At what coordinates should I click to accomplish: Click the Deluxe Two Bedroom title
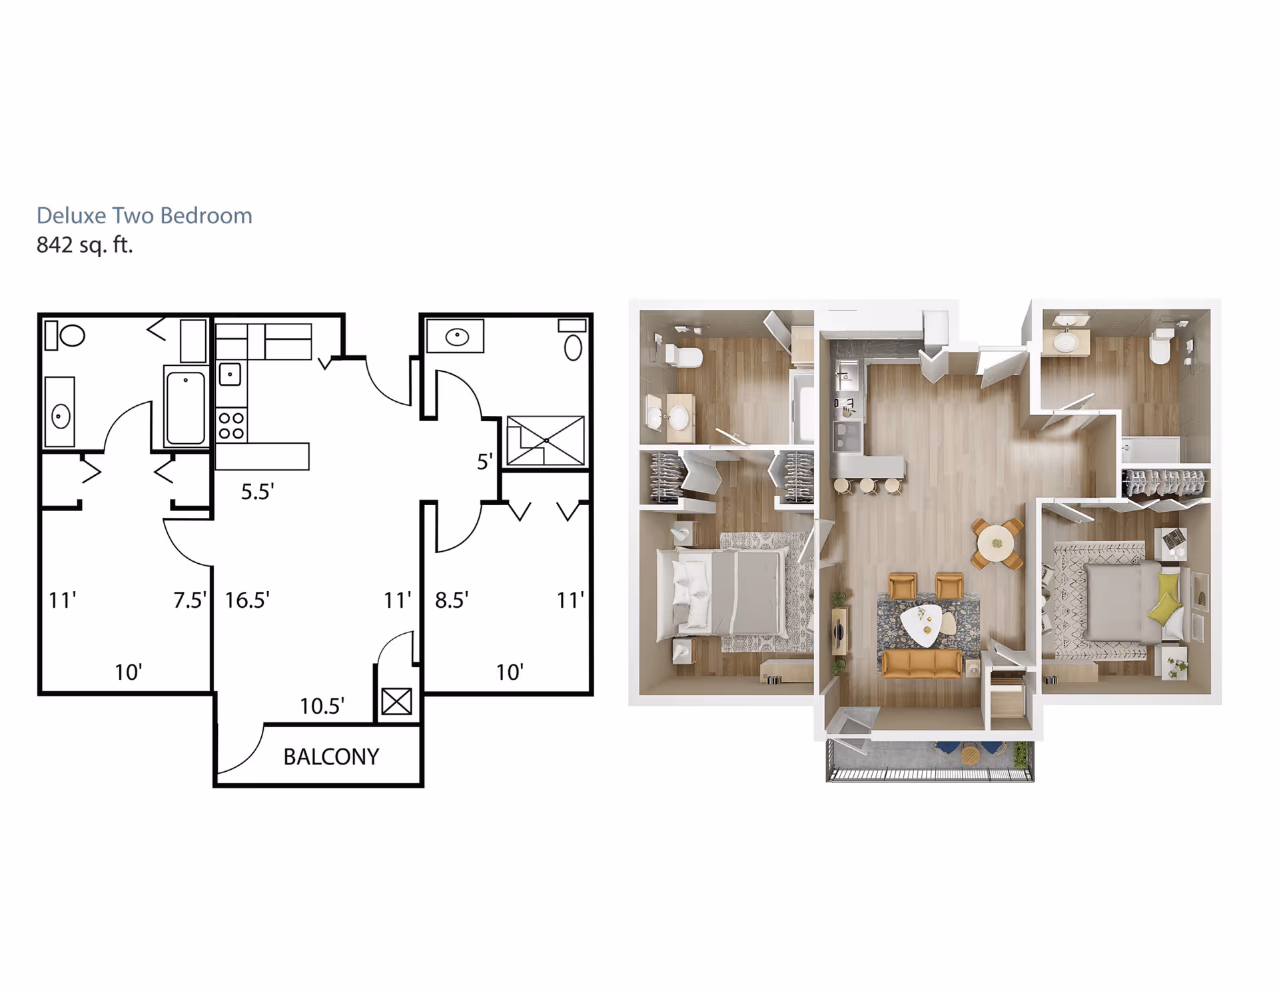coord(144,215)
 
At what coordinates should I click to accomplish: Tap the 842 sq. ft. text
coord(85,245)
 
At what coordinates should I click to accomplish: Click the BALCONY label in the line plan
coord(331,756)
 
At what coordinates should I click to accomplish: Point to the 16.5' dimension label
coord(246,600)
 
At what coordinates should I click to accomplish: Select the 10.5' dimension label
coord(322,706)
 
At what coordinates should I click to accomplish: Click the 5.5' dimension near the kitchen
coord(257,492)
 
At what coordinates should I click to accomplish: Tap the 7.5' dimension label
coord(189,600)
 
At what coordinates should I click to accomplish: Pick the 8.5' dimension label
coord(451,600)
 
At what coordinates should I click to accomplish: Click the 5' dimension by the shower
coord(484,461)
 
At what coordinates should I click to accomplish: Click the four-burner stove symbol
coord(231,425)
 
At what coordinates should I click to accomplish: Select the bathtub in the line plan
coord(185,407)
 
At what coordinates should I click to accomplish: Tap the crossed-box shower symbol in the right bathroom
coord(545,441)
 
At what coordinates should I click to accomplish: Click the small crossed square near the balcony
coord(396,701)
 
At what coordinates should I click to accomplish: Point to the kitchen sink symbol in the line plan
coord(230,375)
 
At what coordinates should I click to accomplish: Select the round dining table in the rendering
coord(997,544)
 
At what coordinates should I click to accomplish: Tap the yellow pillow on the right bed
coord(1168,598)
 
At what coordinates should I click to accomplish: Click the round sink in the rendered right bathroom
coord(1066,341)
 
